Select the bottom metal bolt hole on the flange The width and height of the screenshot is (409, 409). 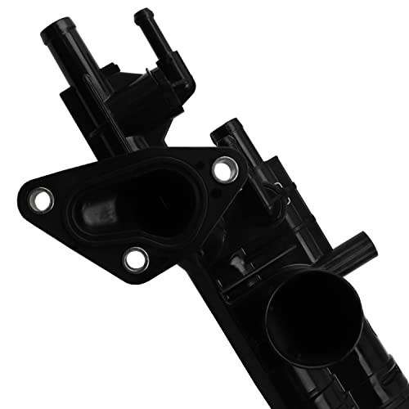coord(134,260)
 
